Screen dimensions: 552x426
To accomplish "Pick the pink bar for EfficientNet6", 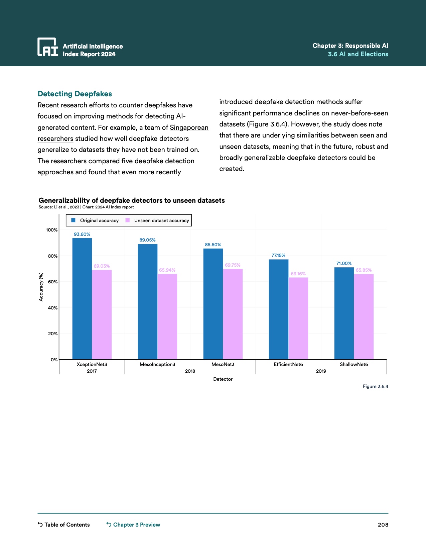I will tap(298, 318).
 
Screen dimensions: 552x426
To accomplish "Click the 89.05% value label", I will tap(147, 240).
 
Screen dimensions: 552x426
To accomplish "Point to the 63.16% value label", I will tap(298, 274).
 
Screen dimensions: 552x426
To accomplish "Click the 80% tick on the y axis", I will tap(53, 256).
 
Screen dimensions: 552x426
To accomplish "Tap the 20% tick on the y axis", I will tap(53, 334).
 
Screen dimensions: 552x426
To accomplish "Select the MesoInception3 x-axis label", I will tap(157, 364).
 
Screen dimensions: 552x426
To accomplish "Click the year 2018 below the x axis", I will tap(190, 371).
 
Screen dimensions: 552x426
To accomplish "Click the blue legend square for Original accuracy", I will tap(73, 220).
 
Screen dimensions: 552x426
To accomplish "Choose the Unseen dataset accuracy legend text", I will tap(162, 220).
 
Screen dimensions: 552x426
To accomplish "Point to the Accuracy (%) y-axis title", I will tap(41, 287).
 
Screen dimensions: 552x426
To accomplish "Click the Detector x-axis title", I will tap(223, 379).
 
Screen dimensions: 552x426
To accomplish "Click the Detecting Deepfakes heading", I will tap(75, 94).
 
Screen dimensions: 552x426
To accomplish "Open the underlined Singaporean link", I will tap(189, 127).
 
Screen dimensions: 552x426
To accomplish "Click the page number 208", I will tap(383, 525).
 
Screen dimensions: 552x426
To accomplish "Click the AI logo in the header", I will tap(48, 47).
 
